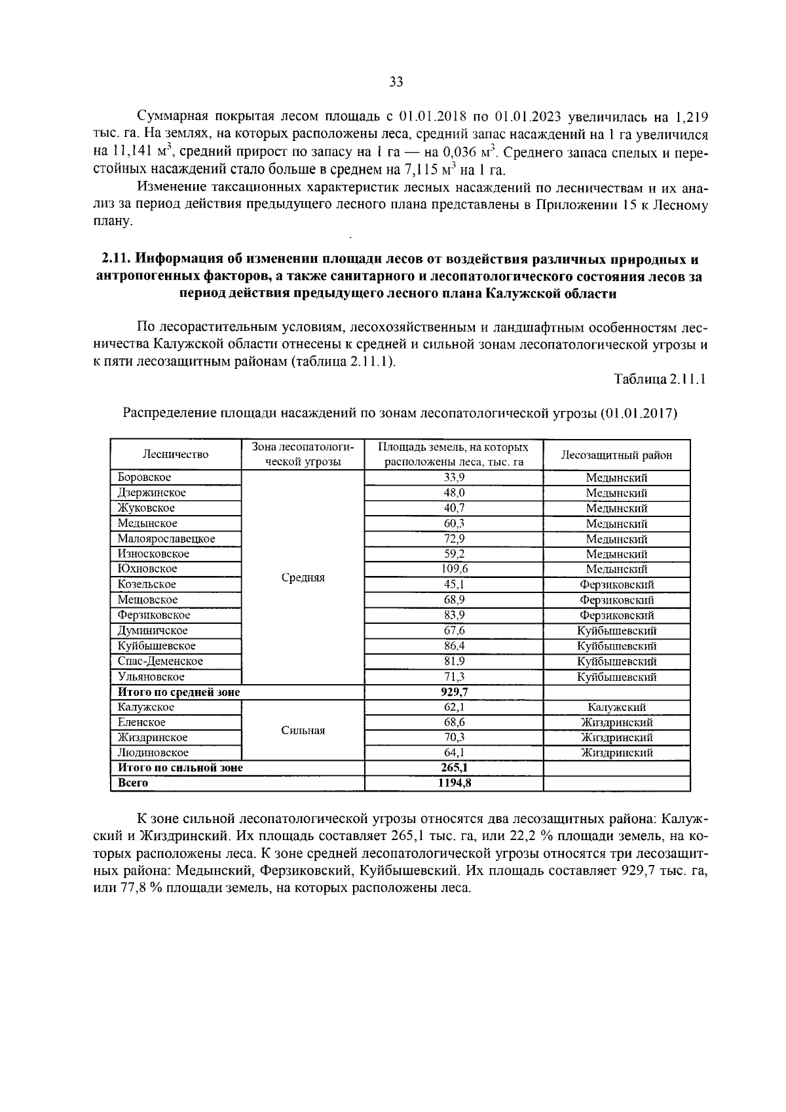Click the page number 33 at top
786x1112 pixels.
pyautogui.click(x=396, y=82)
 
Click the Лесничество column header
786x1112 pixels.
pyautogui.click(x=176, y=455)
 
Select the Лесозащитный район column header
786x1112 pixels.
pyautogui.click(x=616, y=455)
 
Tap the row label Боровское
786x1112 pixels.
pyautogui.click(x=144, y=478)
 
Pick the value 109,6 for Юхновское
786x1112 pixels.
pyautogui.click(x=454, y=569)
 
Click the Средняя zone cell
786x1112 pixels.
pyautogui.click(x=303, y=578)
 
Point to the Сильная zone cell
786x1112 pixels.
pyautogui.click(x=303, y=731)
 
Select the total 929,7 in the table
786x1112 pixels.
pyautogui.click(x=454, y=692)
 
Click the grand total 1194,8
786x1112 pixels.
pyautogui.click(x=454, y=783)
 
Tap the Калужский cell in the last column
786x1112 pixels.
pyautogui.click(x=616, y=708)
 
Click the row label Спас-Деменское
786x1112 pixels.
pyautogui.click(x=160, y=661)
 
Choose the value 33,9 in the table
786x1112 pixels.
pyautogui.click(x=454, y=478)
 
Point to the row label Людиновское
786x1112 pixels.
pyautogui.click(x=153, y=753)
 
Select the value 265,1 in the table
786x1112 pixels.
pyautogui.click(x=454, y=768)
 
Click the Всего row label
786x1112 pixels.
pyautogui.click(x=133, y=783)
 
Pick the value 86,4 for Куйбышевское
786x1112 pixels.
pyautogui.click(x=454, y=646)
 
